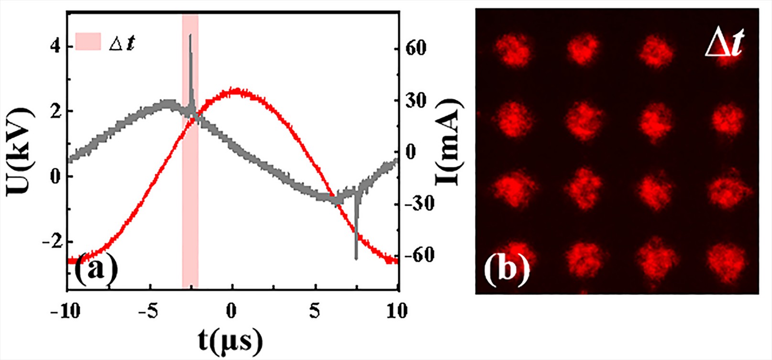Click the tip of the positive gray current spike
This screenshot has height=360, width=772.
click(190, 35)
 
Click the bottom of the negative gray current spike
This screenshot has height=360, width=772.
click(356, 259)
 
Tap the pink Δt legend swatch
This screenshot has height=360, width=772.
click(88, 42)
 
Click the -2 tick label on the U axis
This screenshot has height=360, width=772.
click(53, 241)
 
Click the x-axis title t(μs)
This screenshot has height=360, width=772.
click(231, 340)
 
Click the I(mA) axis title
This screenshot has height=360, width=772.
click(451, 142)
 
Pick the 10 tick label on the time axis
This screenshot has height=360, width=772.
click(396, 311)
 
